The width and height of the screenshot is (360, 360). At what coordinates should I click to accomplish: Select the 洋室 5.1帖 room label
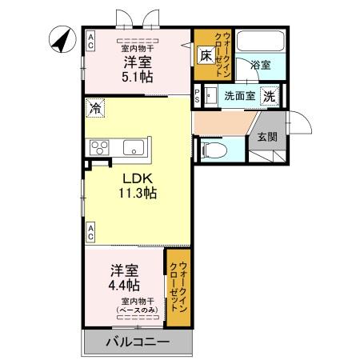tap(137, 70)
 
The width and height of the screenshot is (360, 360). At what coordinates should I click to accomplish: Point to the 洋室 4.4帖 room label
tap(125, 277)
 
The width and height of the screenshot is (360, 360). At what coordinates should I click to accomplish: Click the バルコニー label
tap(138, 342)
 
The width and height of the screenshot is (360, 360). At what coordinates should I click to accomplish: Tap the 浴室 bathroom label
tap(258, 65)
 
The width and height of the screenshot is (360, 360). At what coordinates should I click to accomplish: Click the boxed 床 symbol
tap(205, 55)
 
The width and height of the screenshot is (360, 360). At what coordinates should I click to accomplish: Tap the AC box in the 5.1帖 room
tap(91, 40)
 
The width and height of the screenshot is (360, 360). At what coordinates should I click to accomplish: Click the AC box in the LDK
tap(91, 232)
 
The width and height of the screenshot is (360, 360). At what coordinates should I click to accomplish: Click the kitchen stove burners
tap(101, 146)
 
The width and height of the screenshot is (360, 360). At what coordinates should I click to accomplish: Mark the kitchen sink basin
tap(132, 147)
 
